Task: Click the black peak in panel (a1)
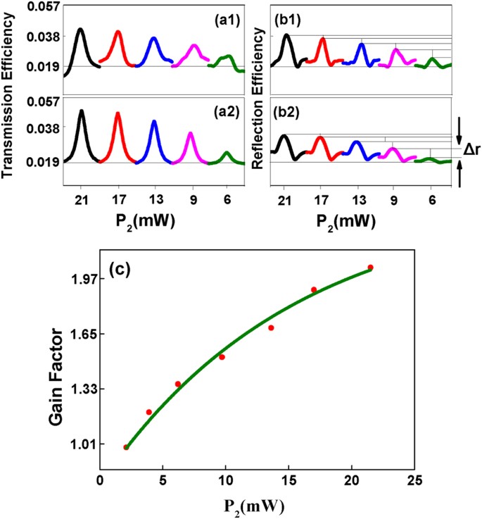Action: [81, 30]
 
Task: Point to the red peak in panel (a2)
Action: [118, 114]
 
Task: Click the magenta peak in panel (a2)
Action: [190, 134]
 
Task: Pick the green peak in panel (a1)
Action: [227, 57]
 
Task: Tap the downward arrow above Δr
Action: [459, 127]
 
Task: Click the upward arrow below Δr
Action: [459, 175]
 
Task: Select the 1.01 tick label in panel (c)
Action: [79, 444]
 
